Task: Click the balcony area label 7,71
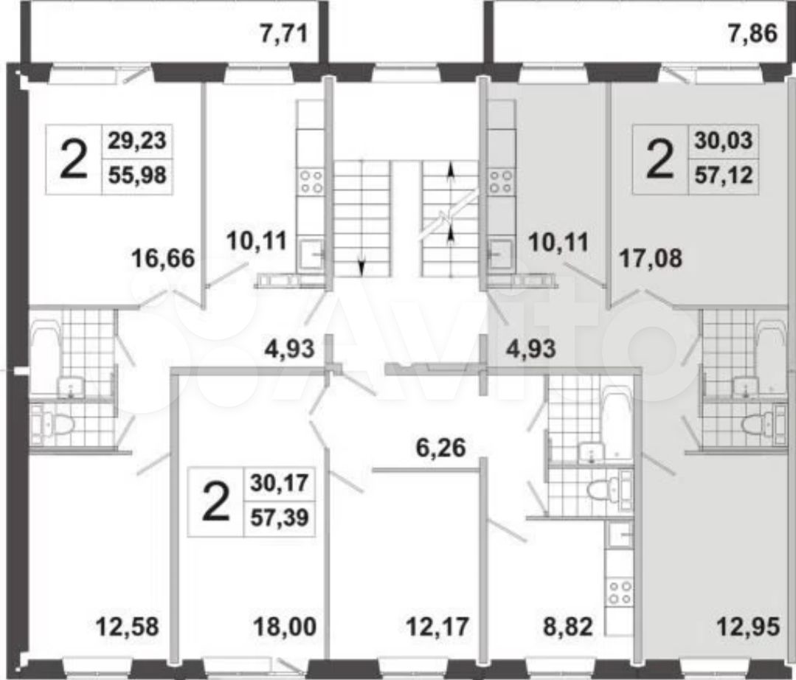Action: pos(284,35)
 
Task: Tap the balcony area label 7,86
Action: pos(753,34)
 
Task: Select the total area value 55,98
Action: pos(137,175)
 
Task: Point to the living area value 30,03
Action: pos(724,140)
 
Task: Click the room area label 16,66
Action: pos(163,258)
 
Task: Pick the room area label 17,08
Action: pos(651,258)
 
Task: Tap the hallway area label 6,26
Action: pos(440,448)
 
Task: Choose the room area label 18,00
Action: pos(285,627)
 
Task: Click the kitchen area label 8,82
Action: pos(568,627)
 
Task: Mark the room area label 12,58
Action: pos(128,627)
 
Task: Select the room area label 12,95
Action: pos(748,627)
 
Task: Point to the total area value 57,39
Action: pos(280,518)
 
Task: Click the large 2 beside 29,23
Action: pos(74,159)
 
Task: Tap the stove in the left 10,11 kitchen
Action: pos(311,181)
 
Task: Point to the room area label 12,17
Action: pos(437,627)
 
